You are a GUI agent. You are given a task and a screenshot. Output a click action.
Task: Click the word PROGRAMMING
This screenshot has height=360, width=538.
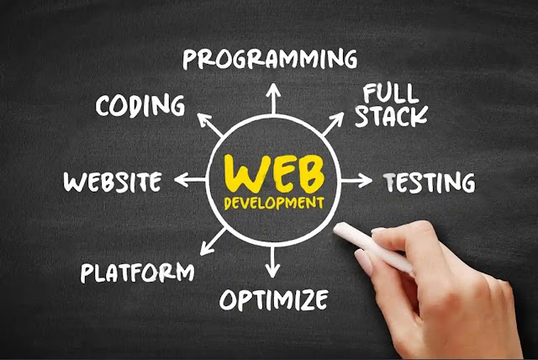coord(269,59)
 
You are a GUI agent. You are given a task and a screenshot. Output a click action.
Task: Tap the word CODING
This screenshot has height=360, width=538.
coord(140,107)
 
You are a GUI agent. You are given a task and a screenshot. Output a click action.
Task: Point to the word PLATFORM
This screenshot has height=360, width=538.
coord(137,272)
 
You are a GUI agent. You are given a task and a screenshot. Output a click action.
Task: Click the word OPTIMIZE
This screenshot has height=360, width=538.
coord(273,299)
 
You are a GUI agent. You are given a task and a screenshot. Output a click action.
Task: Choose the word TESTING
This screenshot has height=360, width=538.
coord(429,182)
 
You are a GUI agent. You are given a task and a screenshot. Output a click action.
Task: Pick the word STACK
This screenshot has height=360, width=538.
coord(391,116)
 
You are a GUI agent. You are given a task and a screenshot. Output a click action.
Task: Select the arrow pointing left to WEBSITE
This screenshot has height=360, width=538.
coord(189,180)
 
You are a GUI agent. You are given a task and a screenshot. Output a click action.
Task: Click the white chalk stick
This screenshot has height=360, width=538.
coord(371,245)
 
